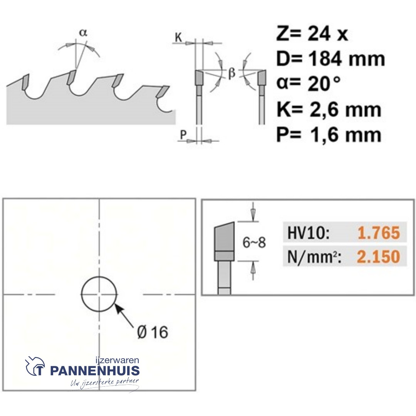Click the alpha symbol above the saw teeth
click(x=83, y=33)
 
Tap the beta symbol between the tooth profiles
click(x=231, y=72)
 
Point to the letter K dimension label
click(x=179, y=38)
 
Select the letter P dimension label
click(x=183, y=135)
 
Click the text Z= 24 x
click(x=312, y=34)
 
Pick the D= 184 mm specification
click(x=330, y=59)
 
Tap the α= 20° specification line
click(x=308, y=83)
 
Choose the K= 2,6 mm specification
click(x=329, y=109)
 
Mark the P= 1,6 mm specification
click(x=329, y=134)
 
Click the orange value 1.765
click(x=379, y=233)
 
